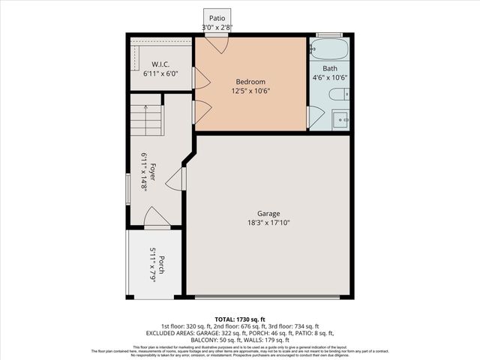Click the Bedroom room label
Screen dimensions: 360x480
(x=250, y=82)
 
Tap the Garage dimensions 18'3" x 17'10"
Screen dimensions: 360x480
(x=268, y=223)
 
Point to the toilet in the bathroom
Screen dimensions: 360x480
(x=339, y=94)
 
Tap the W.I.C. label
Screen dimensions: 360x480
(x=160, y=64)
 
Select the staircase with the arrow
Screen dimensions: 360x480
(x=146, y=120)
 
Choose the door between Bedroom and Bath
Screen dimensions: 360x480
(x=313, y=116)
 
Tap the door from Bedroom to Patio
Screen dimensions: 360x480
(x=217, y=43)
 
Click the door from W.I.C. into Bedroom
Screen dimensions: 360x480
(x=199, y=78)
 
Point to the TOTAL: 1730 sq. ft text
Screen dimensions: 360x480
(x=241, y=318)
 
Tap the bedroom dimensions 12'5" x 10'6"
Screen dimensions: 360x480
(x=250, y=91)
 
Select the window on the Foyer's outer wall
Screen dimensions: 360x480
(x=127, y=187)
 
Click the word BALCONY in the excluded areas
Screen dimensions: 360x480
(x=204, y=339)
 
